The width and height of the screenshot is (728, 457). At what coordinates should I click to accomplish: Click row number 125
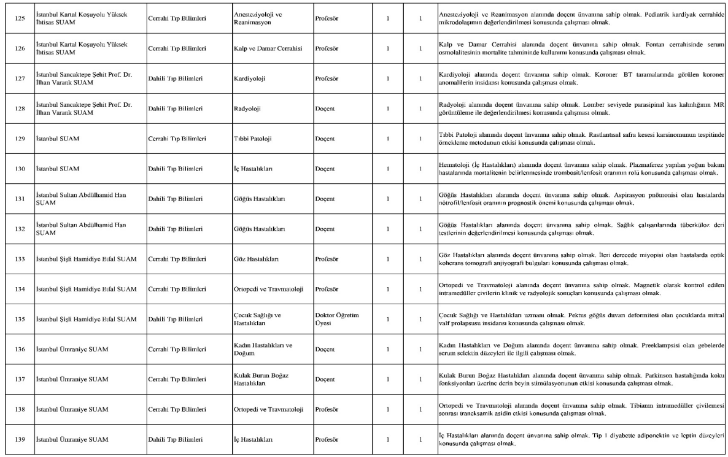click(20, 18)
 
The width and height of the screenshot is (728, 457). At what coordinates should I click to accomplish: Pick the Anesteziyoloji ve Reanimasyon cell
click(260, 18)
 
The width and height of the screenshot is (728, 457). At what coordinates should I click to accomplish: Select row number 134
click(20, 289)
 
